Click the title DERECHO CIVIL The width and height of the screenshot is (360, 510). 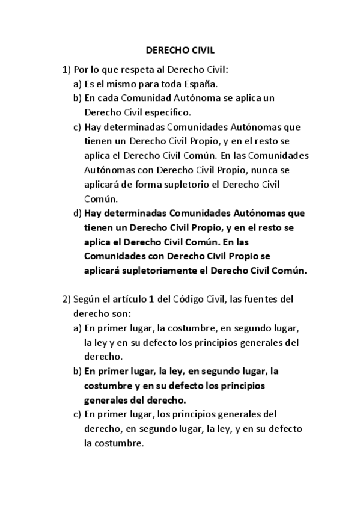(180, 52)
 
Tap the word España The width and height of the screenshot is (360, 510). (185, 83)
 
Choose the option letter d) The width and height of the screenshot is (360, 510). (78, 213)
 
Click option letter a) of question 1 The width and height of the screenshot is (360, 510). (78, 83)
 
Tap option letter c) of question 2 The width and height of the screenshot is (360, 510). (78, 414)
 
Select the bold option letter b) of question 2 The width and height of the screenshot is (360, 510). (78, 371)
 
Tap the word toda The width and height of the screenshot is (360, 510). (156, 83)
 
